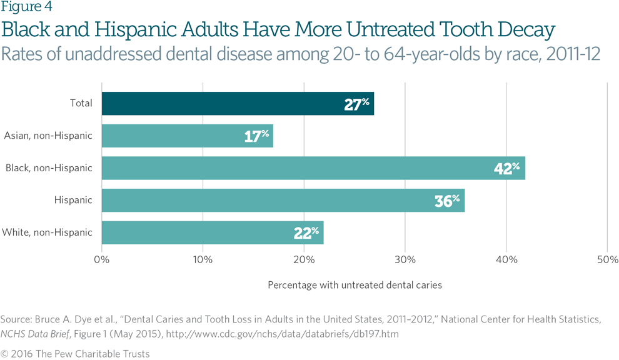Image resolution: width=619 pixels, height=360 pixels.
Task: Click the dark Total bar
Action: tap(238, 104)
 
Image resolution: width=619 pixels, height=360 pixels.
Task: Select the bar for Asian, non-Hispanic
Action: tap(187, 136)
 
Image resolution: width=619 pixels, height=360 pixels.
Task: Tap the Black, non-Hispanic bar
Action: tap(313, 168)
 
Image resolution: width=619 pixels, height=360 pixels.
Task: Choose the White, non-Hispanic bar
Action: tap(213, 232)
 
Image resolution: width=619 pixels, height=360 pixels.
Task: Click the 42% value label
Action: tap(506, 168)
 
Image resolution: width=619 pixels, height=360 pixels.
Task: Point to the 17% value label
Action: tap(256, 136)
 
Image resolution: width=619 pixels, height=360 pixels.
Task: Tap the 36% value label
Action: tap(447, 201)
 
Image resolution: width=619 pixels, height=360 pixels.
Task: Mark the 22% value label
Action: tap(306, 233)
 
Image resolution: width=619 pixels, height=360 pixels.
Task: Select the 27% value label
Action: tap(357, 104)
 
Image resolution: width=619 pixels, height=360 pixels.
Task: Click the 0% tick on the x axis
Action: tap(101, 259)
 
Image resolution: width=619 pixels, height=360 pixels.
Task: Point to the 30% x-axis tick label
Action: tap(405, 259)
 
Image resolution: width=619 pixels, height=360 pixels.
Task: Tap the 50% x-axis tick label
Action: tap(608, 259)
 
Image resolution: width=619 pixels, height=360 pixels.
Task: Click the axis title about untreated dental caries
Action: tap(355, 285)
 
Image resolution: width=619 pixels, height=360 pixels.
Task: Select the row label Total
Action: tap(81, 104)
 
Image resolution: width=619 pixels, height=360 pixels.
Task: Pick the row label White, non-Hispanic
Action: tap(48, 232)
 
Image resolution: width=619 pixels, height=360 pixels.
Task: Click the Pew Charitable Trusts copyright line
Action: tap(76, 354)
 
